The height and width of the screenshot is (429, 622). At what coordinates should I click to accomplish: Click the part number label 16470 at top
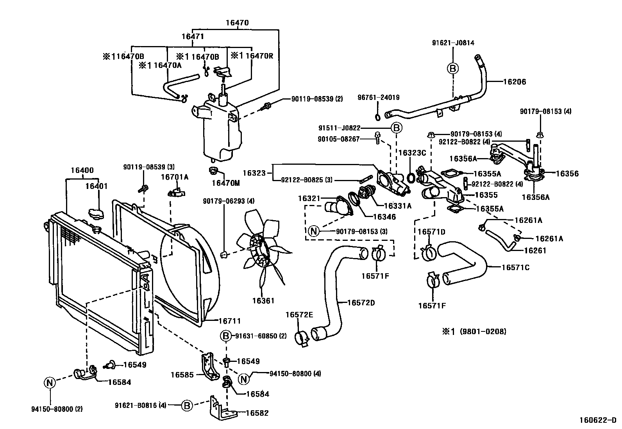237,23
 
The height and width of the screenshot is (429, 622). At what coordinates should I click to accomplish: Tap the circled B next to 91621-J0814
453,68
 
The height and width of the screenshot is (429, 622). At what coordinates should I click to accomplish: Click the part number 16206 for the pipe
514,82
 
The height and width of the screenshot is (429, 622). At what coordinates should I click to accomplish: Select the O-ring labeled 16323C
411,178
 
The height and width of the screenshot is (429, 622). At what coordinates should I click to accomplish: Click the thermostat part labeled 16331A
366,193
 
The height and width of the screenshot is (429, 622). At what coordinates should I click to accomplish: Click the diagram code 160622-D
598,420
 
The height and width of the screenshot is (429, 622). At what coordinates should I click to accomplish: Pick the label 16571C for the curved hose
515,267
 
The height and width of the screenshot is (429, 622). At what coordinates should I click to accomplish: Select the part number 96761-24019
379,98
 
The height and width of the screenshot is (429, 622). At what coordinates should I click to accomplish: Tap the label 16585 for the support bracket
182,375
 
